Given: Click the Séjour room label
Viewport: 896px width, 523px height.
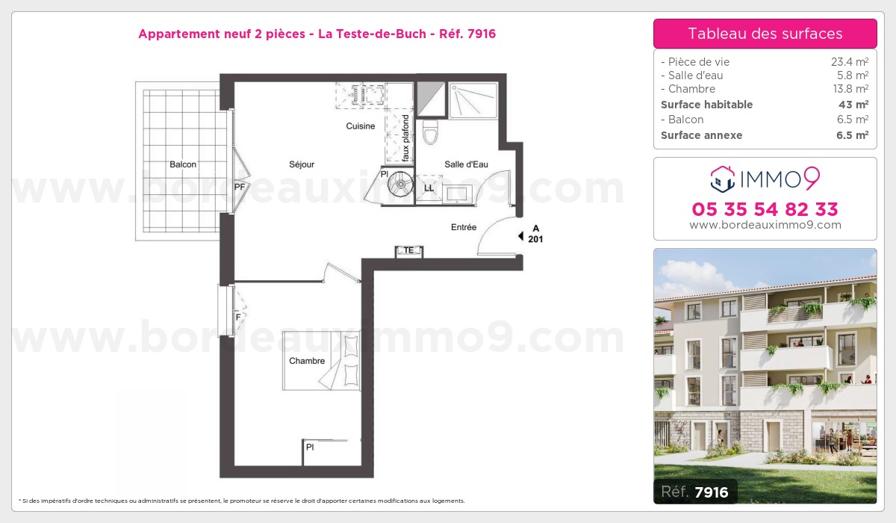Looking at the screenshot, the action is click(x=302, y=164).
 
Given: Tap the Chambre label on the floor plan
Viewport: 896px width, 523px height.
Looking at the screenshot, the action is click(x=307, y=361).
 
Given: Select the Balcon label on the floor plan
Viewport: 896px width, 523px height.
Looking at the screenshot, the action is click(x=183, y=164).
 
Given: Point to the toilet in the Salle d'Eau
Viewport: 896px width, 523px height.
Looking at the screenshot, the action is click(x=430, y=131).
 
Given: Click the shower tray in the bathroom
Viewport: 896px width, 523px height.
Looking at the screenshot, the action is click(x=473, y=100).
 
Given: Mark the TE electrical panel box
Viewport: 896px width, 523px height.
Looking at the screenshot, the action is click(x=409, y=251).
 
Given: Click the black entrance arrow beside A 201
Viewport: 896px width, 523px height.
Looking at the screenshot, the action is click(x=521, y=236).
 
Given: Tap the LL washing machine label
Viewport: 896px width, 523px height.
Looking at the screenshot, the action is click(x=429, y=188).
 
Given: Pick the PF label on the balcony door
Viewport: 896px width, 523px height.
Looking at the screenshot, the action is click(x=239, y=187).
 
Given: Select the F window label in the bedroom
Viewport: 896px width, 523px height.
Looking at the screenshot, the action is click(x=238, y=318).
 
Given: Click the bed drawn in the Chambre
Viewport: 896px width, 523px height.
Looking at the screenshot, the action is click(x=321, y=361).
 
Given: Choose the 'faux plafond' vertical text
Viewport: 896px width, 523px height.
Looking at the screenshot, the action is click(x=405, y=138).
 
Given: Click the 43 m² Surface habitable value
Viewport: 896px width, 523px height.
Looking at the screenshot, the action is click(x=853, y=105).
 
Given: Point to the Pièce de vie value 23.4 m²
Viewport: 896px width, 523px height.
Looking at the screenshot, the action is click(x=850, y=61).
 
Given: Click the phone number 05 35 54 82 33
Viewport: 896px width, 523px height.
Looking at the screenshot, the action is click(x=765, y=209).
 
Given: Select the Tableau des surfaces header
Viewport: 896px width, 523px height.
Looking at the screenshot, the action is click(x=765, y=34).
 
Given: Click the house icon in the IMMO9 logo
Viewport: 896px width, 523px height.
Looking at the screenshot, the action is click(x=723, y=179).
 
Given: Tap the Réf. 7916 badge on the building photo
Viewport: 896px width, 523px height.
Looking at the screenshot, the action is click(x=695, y=492).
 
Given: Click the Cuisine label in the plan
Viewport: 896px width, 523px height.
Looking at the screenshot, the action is click(x=361, y=126).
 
